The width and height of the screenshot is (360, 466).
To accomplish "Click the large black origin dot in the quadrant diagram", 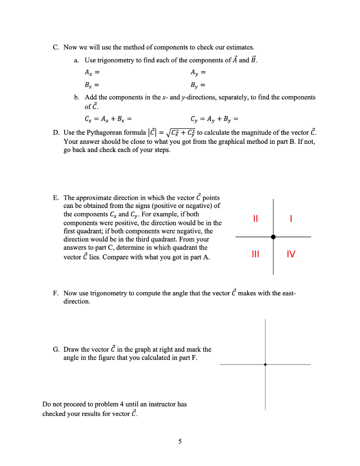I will click(273, 237).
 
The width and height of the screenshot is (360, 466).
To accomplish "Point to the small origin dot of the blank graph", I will click(265, 364).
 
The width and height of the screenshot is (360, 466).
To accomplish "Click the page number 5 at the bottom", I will click(180, 441).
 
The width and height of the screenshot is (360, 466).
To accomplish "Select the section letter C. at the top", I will click(56, 47).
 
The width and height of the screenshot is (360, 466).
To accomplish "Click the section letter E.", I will click(56, 198).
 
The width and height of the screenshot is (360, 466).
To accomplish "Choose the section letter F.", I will click(56, 294).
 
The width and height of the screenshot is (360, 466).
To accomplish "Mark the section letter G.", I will click(56, 349).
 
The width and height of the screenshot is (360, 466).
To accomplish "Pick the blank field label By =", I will click(199, 85).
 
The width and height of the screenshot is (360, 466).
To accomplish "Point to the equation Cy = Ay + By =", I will click(215, 120).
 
